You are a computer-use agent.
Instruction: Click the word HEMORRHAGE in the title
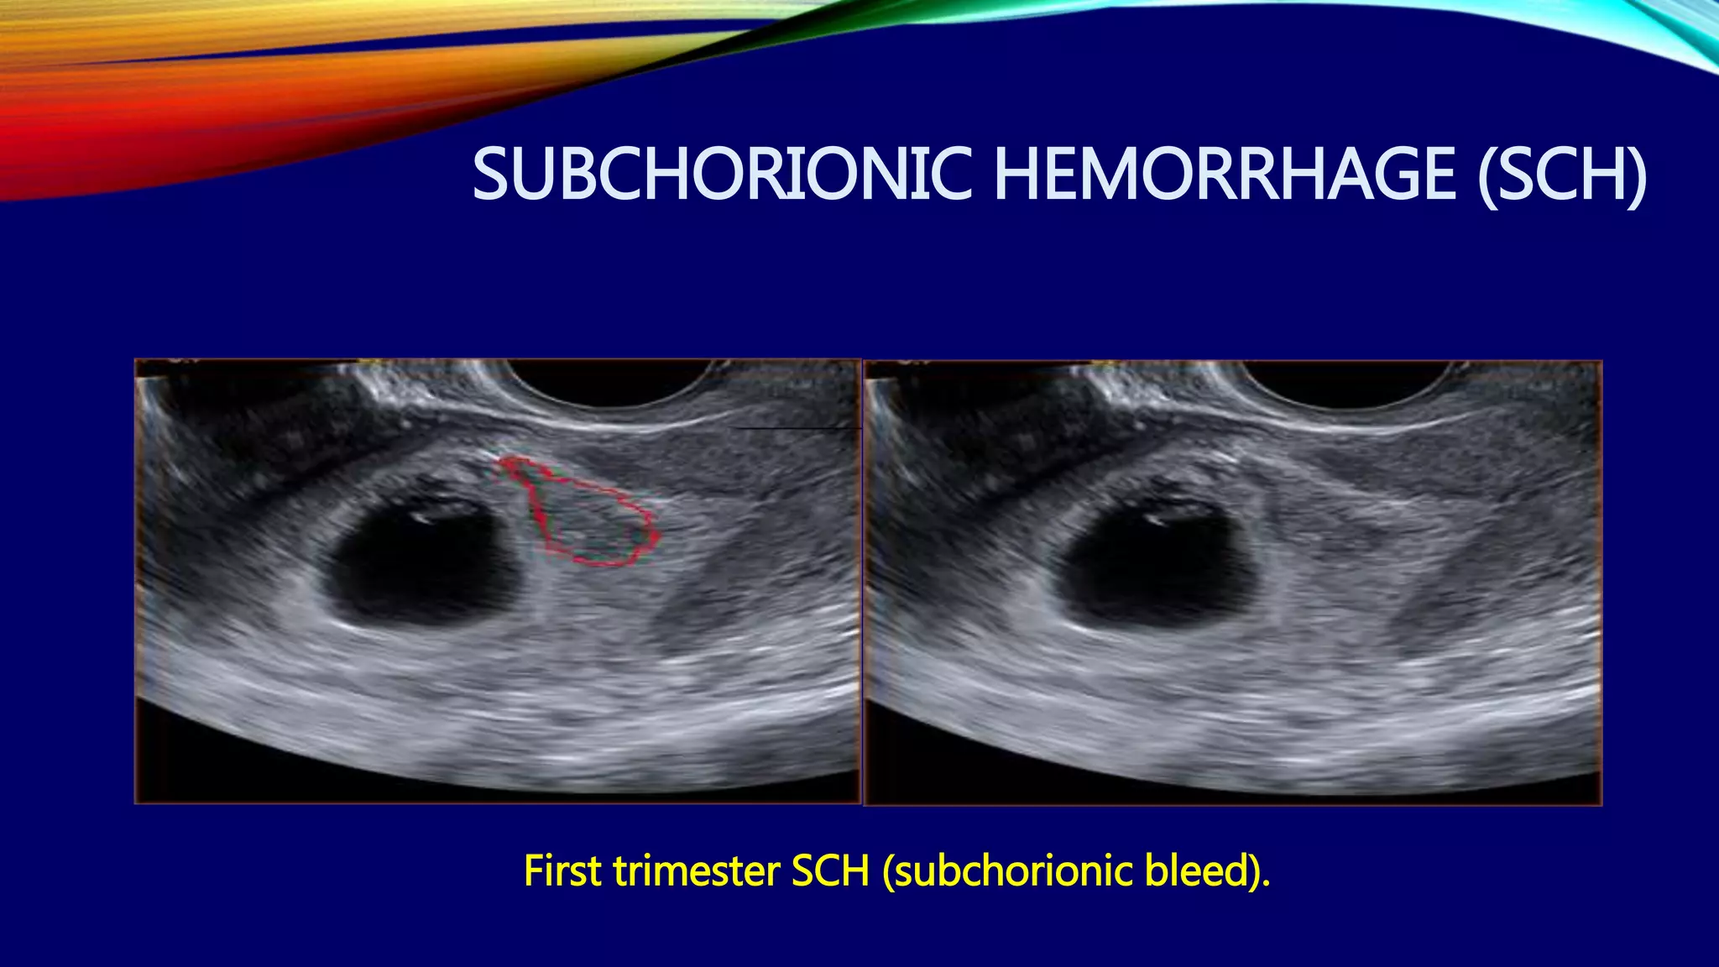(1224, 175)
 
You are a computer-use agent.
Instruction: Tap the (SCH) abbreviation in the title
(1561, 175)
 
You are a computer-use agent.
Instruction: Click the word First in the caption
(562, 871)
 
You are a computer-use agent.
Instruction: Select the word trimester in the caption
(697, 871)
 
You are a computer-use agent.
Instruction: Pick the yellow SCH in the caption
(830, 871)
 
